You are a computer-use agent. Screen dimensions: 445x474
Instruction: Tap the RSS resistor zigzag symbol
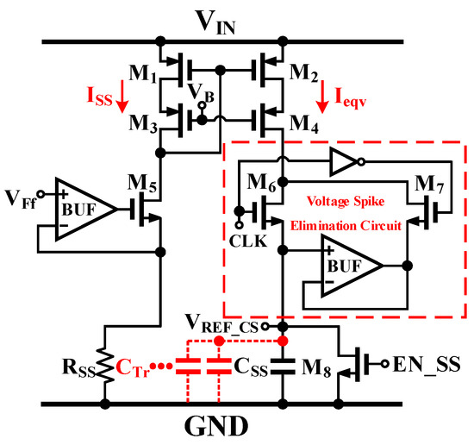(106, 363)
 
